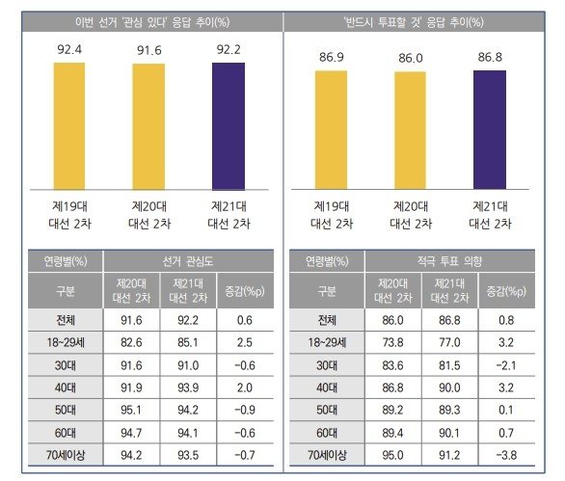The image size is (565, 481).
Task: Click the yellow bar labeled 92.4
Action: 68,126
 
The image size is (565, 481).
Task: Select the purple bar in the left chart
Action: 229,126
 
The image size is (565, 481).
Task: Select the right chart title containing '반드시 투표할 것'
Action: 415,19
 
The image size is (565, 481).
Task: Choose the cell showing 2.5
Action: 244,340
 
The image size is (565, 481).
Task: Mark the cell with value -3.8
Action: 506,456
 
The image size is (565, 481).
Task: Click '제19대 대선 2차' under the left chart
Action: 68,214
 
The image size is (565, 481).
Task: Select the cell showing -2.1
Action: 506,363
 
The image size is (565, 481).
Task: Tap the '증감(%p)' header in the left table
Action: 244,289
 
